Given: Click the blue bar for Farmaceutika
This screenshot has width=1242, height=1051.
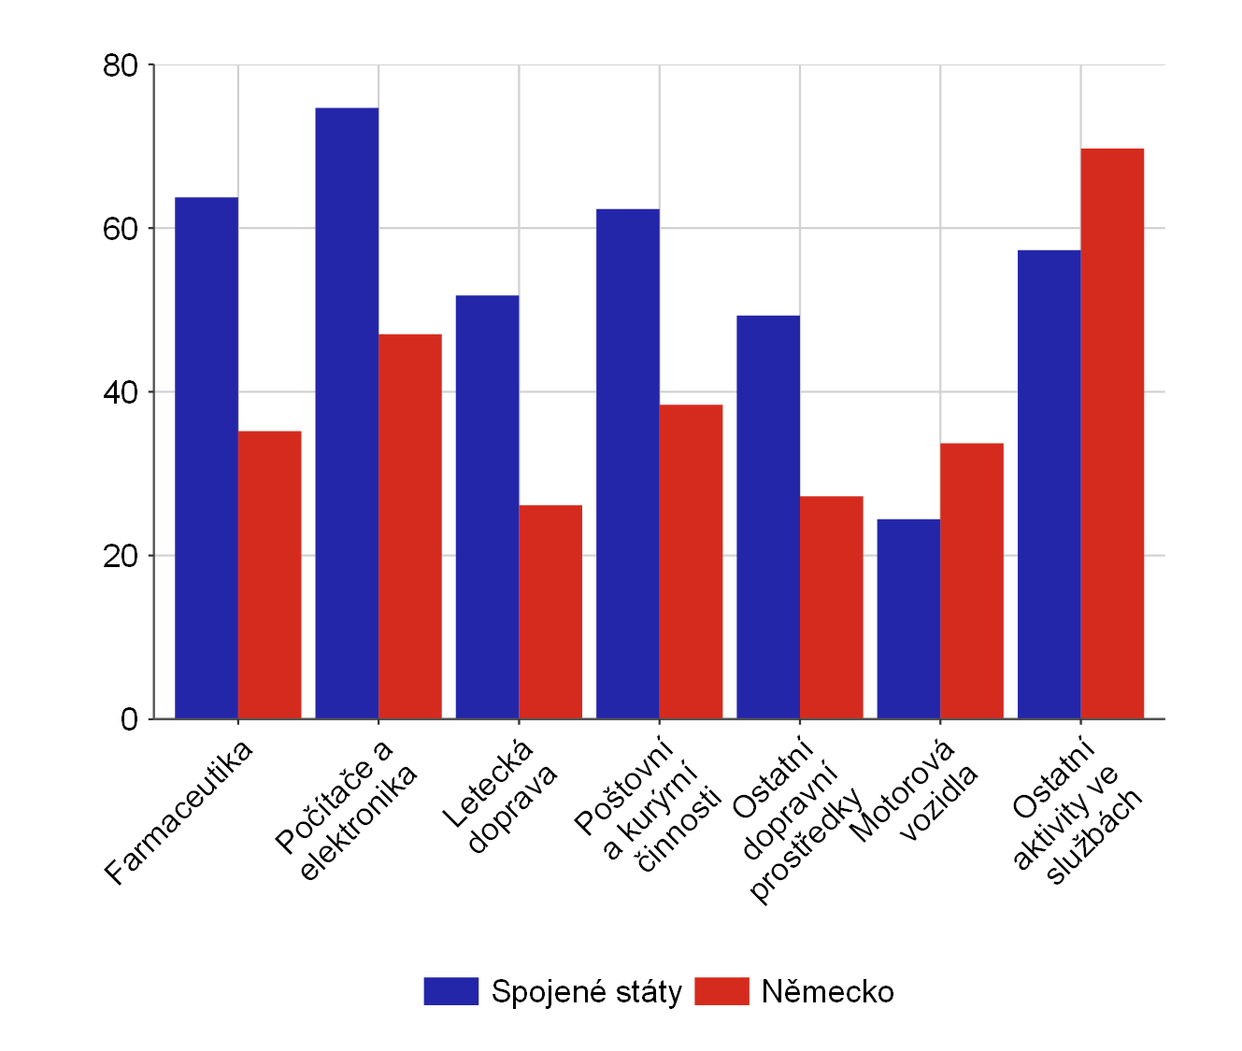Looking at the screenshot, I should (207, 458).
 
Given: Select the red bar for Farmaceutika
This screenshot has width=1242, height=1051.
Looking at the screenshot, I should (270, 575).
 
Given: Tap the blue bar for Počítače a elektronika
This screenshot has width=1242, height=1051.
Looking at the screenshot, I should (347, 413).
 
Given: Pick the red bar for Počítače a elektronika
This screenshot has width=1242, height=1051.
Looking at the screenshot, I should (410, 526).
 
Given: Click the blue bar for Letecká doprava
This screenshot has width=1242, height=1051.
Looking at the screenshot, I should (487, 507).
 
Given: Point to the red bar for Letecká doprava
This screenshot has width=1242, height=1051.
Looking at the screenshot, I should (550, 612).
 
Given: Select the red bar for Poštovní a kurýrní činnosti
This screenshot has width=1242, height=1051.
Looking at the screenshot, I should (691, 561).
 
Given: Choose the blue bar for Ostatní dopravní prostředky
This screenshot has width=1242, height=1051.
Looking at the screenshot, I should (768, 517).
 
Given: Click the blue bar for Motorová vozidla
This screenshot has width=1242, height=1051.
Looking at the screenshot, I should (908, 618).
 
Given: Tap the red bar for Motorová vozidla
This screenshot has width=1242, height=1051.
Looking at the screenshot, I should (972, 581).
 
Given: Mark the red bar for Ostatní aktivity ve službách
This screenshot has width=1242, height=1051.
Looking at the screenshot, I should (1112, 433).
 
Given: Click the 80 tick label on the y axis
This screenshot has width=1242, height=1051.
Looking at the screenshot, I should (121, 65).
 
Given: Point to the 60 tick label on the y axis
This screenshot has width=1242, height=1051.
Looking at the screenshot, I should (121, 229).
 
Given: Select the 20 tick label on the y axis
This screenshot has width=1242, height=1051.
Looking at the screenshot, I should (121, 556).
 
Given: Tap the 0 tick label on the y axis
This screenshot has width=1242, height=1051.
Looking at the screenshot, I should (129, 719).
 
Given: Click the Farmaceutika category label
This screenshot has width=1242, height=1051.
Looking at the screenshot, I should (178, 813).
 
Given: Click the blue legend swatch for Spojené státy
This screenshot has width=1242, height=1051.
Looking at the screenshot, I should (450, 991).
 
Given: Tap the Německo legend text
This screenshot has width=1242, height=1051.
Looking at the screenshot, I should (827, 991).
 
